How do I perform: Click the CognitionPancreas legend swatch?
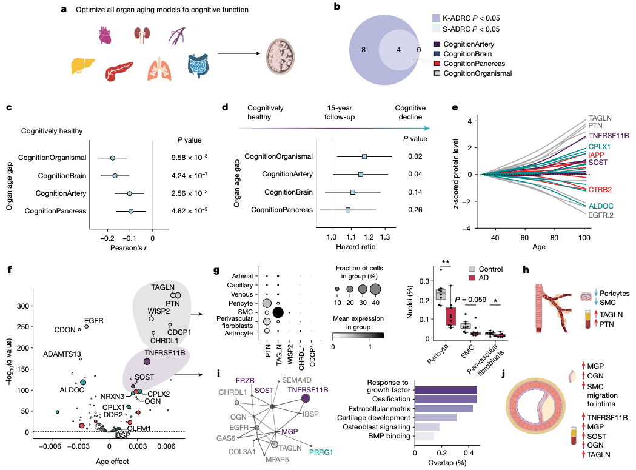[437, 63]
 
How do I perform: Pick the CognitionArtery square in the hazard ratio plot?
[361, 174]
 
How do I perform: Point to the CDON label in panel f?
[65, 331]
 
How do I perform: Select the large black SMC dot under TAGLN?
[279, 312]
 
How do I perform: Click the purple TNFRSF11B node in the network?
[306, 398]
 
